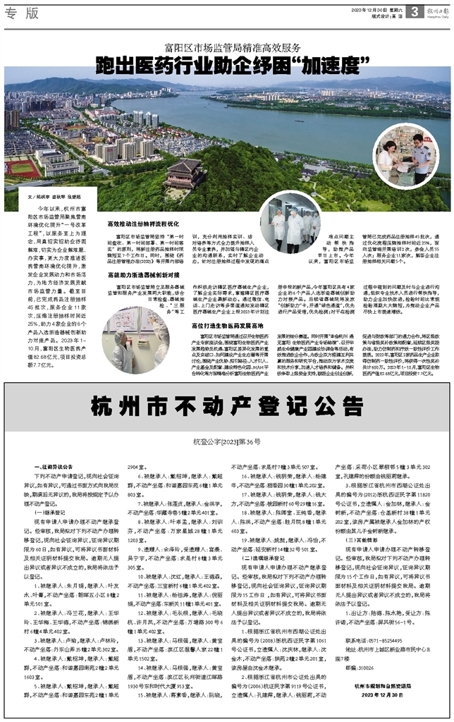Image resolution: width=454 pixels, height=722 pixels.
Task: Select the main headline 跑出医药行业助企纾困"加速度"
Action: pyautogui.click(x=227, y=68)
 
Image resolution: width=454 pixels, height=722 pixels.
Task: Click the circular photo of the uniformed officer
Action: pyautogui.click(x=405, y=154)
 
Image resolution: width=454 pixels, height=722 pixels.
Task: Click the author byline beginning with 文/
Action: pyautogui.click(x=51, y=198)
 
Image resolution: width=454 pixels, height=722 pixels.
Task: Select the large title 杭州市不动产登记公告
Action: pyautogui.click(x=226, y=408)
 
